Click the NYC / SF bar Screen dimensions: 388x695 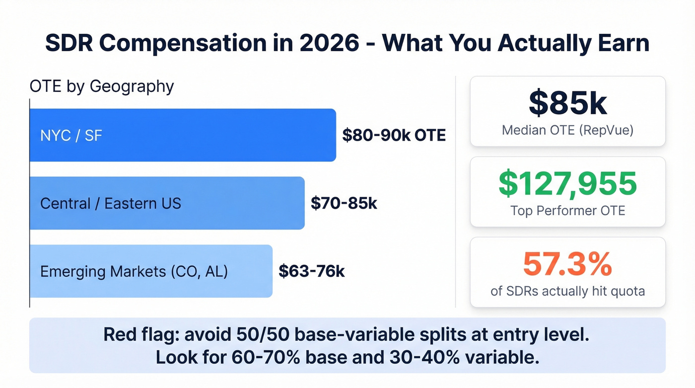click(183, 135)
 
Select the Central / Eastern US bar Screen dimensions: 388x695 click(167, 203)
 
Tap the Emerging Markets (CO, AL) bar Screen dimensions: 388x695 click(151, 271)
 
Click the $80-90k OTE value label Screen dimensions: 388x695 click(394, 135)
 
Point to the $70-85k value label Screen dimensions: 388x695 click(344, 203)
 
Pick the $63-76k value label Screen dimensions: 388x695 click(311, 271)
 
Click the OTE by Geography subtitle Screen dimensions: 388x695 click(102, 86)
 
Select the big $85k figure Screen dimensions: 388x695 click(567, 103)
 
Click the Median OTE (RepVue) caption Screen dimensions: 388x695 click(567, 130)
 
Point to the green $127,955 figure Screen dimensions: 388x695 click(567, 183)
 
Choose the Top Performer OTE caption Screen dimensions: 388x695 click(567, 211)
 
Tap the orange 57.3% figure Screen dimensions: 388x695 click(567, 264)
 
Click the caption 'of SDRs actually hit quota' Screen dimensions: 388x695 click(567, 291)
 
